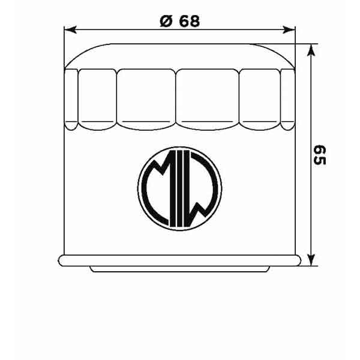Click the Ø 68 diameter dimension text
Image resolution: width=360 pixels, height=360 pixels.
coord(180,20)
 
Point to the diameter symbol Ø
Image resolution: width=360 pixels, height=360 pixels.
coord(165,20)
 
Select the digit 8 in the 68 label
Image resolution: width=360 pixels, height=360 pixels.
coord(193,20)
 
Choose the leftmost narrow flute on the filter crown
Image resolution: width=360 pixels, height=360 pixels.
coord(71,99)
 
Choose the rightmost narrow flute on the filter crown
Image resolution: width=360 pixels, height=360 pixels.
coord(289,99)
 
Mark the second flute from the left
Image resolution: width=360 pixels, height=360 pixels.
coord(97,99)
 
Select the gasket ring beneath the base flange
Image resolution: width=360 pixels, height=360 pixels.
coord(180,269)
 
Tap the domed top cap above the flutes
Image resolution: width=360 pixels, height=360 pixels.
coord(180,55)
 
